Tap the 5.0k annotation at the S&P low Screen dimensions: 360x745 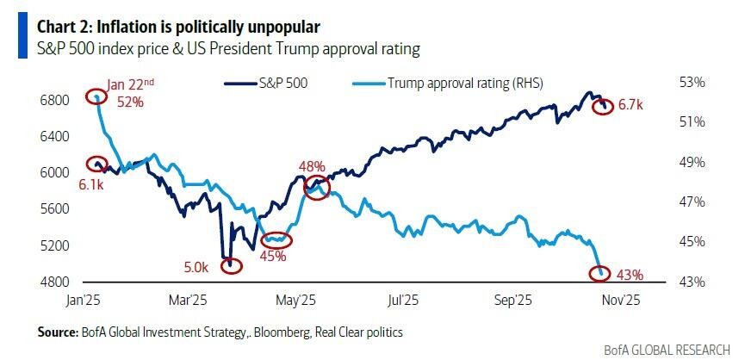click(x=197, y=268)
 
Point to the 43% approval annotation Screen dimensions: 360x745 click(x=630, y=275)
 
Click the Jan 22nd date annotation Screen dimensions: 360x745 click(x=131, y=84)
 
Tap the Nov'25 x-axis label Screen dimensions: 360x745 click(x=619, y=301)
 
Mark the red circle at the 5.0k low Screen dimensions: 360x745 click(x=231, y=265)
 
